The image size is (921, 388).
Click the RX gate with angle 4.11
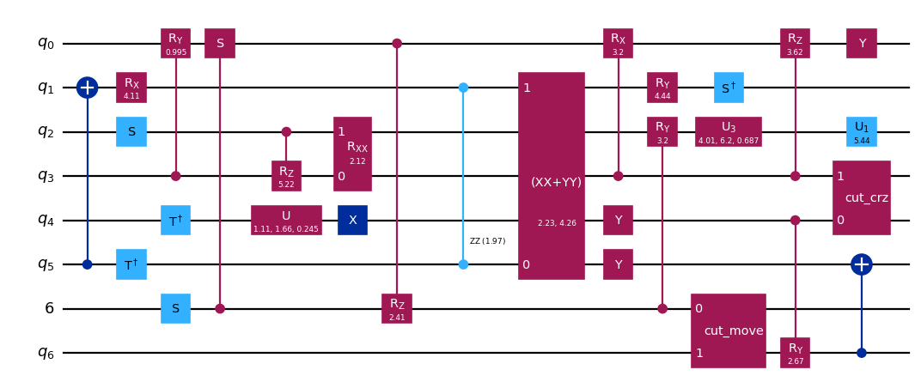[131, 88]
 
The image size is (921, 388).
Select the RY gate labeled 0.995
[175, 43]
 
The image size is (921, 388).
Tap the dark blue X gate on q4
[352, 220]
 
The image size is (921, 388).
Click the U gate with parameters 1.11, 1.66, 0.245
[286, 220]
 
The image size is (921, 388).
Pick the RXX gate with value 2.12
[352, 154]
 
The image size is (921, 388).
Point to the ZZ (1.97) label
[487, 241]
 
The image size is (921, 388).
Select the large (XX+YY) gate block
[551, 175]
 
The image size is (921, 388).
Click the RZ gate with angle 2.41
[397, 308]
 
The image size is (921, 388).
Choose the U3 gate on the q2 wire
[728, 131]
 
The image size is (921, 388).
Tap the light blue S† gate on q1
[728, 88]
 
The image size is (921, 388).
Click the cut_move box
[728, 330]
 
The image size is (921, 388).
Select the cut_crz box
[861, 197]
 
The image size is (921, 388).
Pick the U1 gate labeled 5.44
[861, 131]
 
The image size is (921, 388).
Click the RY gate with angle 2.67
[795, 352]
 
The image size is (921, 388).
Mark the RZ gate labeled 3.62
[795, 43]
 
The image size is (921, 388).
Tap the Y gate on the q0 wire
[861, 43]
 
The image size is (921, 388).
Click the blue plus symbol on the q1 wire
[87, 88]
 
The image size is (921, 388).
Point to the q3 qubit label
[46, 176]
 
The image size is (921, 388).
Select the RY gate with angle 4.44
[662, 88]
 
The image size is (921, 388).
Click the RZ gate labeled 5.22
[286, 175]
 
